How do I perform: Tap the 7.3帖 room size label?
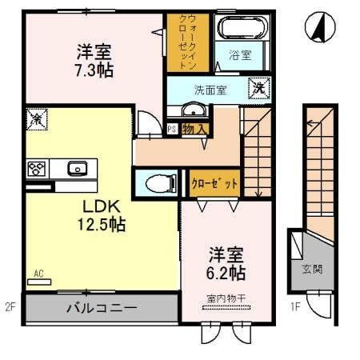[94, 70]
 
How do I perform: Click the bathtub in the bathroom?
[245, 27]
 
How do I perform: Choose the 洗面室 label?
[209, 90]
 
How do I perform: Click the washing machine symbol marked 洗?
[259, 87]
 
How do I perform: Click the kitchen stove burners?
[37, 168]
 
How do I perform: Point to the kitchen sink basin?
[77, 168]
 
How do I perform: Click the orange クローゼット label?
[214, 183]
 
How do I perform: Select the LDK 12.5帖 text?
[100, 214]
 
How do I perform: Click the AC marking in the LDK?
[38, 274]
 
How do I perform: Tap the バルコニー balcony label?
[101, 306]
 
